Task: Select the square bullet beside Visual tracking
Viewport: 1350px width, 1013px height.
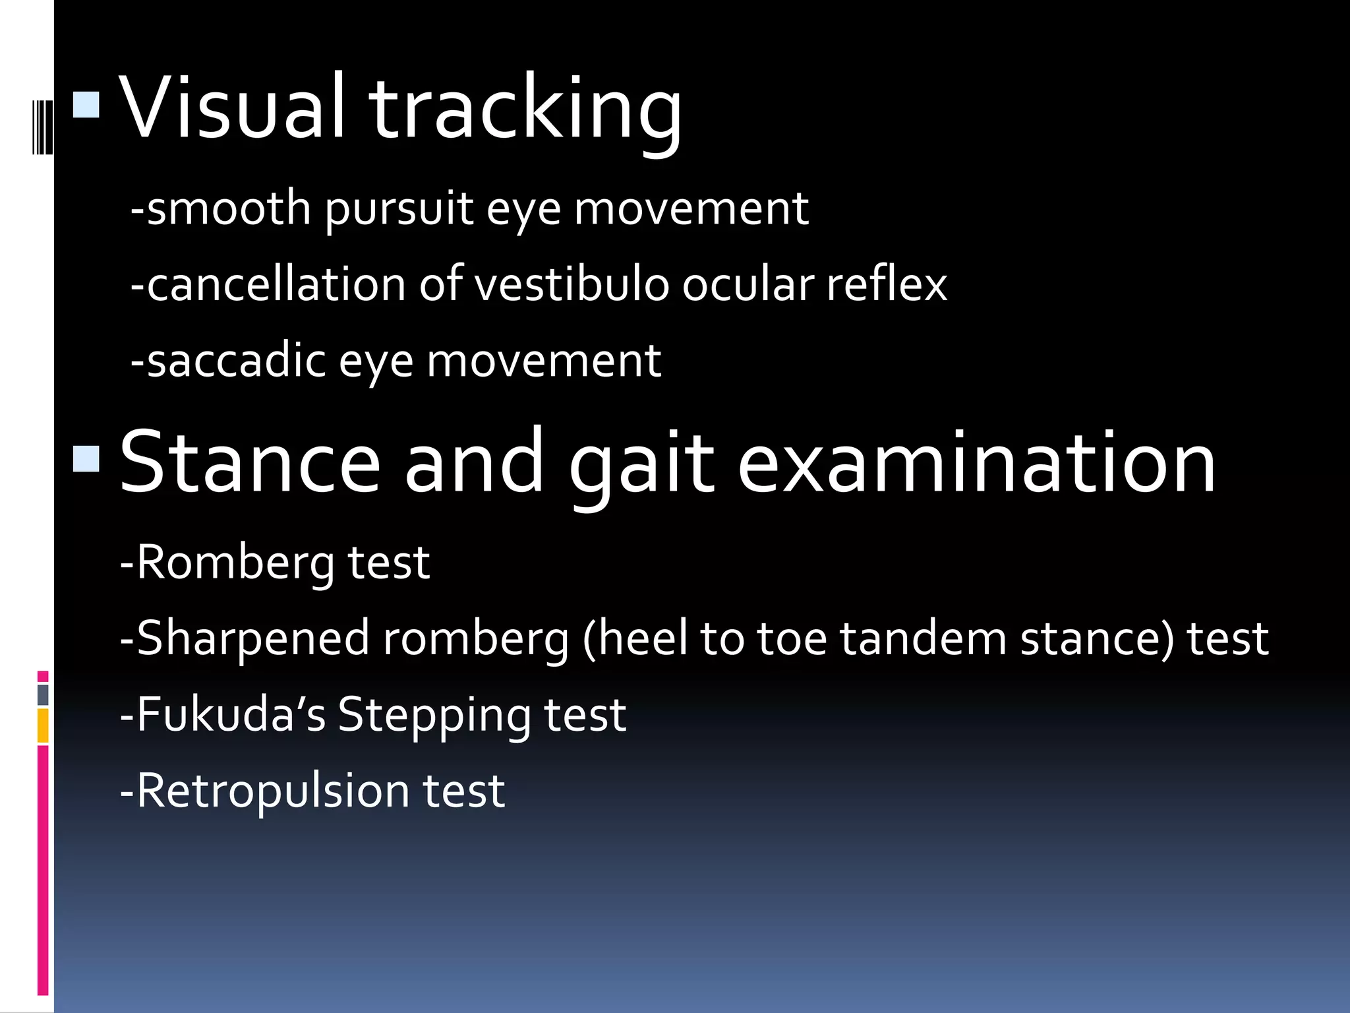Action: (x=86, y=104)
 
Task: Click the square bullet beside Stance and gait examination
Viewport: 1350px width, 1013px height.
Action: (x=86, y=459)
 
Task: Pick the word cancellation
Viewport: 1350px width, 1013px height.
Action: (x=276, y=285)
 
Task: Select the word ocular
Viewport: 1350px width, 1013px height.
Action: (x=748, y=285)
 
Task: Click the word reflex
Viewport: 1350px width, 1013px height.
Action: (x=887, y=285)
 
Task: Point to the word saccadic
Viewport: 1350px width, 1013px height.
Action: (x=237, y=361)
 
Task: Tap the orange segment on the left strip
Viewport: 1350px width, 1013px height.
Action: (x=43, y=725)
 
